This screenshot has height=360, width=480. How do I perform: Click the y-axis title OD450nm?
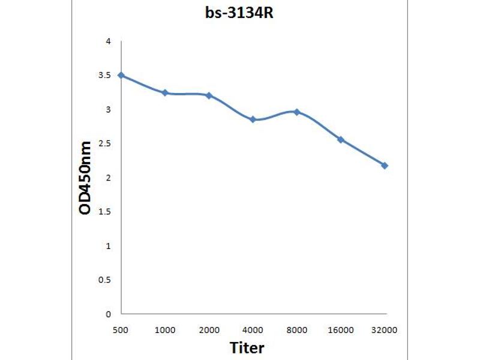click(86, 178)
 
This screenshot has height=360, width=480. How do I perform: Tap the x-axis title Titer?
click(247, 347)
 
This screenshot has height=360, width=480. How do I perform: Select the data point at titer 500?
click(121, 75)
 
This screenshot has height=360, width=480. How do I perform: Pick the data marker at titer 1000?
click(165, 92)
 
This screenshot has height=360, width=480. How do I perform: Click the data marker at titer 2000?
click(209, 95)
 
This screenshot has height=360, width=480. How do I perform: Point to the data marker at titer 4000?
click(253, 119)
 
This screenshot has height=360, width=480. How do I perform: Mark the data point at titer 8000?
click(297, 112)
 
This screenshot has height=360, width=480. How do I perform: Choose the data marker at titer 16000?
click(341, 139)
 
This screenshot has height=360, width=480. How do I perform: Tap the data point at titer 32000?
click(385, 165)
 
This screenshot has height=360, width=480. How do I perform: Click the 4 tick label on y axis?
click(108, 41)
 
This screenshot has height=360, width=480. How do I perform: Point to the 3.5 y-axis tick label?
click(105, 76)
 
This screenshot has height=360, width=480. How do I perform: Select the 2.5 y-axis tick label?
click(105, 143)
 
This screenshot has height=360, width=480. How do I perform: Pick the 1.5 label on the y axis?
click(105, 212)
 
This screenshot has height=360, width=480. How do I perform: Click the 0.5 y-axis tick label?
click(105, 280)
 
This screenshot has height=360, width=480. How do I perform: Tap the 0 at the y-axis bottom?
click(108, 314)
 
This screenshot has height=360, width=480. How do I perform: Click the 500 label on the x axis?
click(121, 330)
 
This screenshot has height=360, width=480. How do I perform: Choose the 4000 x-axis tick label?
click(253, 330)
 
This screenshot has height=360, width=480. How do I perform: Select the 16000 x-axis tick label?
click(341, 330)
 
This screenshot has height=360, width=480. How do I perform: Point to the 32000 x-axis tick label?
click(385, 330)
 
